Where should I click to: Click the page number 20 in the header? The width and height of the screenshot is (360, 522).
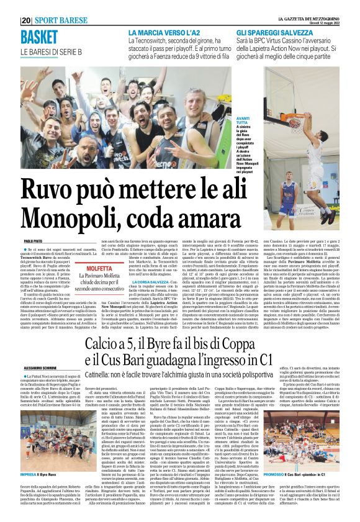pos(25,20)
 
